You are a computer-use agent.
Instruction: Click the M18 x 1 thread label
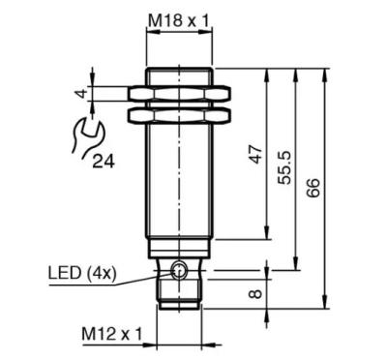point(179,21)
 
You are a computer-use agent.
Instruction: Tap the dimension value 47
point(256,154)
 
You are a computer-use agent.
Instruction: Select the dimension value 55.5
point(284,167)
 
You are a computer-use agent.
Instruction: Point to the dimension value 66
point(313,188)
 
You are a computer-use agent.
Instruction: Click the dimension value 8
point(256,294)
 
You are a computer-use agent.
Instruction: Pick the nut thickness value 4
point(81,94)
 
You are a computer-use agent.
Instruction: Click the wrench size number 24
point(104,162)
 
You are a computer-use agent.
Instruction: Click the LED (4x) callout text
point(82,273)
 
